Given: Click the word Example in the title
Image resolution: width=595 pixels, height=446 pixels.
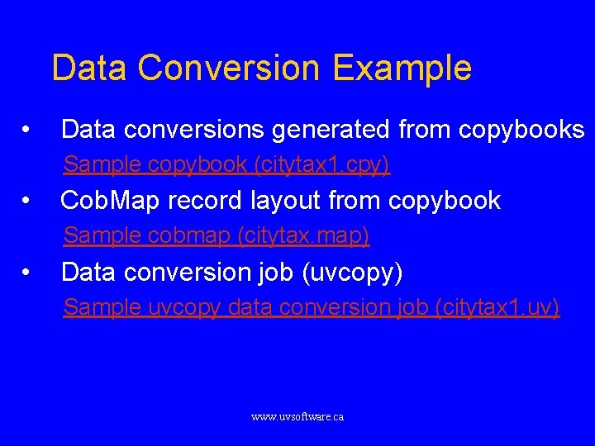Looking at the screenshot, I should click(404, 68).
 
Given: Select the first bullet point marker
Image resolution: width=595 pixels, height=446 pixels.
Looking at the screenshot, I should click(27, 130).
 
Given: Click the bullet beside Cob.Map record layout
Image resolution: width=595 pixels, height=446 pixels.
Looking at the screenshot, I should click(27, 201).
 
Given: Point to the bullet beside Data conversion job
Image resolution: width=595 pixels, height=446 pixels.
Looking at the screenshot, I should click(27, 272).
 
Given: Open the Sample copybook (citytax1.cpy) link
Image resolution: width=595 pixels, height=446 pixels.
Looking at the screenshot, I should click(226, 165).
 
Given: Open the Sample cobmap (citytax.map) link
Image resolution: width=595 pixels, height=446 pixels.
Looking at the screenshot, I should click(217, 236).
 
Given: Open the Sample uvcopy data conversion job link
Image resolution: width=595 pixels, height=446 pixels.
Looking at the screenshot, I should click(311, 307).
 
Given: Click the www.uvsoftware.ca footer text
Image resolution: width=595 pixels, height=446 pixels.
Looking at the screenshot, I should click(297, 417).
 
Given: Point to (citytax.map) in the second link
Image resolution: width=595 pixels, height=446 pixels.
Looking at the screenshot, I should click(303, 236).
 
